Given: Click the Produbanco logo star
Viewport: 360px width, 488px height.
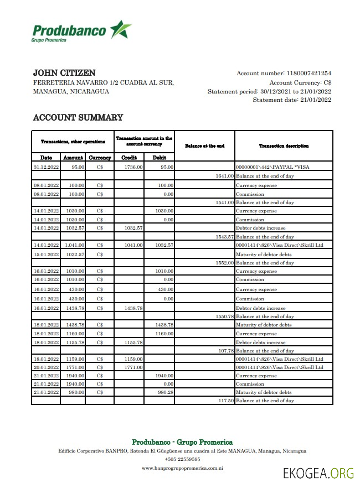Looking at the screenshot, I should coord(120,29).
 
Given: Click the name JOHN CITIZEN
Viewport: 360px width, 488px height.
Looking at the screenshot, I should coord(64,72).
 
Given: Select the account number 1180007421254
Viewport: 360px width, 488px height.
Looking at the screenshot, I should coord(308,73).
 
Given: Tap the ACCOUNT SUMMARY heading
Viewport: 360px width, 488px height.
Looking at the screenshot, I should coord(78,117).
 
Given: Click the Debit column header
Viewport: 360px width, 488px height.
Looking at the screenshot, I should coord(159,158).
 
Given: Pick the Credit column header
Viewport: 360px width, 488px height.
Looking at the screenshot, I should coord(129,158).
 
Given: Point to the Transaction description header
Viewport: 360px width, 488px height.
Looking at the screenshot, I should coord(284,146).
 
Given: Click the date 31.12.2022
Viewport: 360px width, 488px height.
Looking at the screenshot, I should coord(46,167).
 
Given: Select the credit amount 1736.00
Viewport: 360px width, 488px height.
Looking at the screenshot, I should coord(133,167).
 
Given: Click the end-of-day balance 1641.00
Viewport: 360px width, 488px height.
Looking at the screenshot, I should coord(224,176).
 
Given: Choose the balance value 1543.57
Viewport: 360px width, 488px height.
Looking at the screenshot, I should coord(224,236).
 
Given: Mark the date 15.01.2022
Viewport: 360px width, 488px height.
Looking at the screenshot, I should coord(46,255).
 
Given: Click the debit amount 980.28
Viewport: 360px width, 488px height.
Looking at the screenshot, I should coord(164,392).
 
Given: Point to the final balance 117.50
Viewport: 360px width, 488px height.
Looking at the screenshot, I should coord(225,401).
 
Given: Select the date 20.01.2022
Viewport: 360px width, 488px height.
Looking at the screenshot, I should coord(46,367).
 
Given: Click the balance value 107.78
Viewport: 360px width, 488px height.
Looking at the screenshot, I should coord(225,351).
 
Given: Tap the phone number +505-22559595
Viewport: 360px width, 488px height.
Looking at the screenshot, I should coord(182,459).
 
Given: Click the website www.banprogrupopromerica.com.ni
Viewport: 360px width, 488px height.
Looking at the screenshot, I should coord(182,468).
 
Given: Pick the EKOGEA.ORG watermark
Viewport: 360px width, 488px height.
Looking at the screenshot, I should coord(318,474).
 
